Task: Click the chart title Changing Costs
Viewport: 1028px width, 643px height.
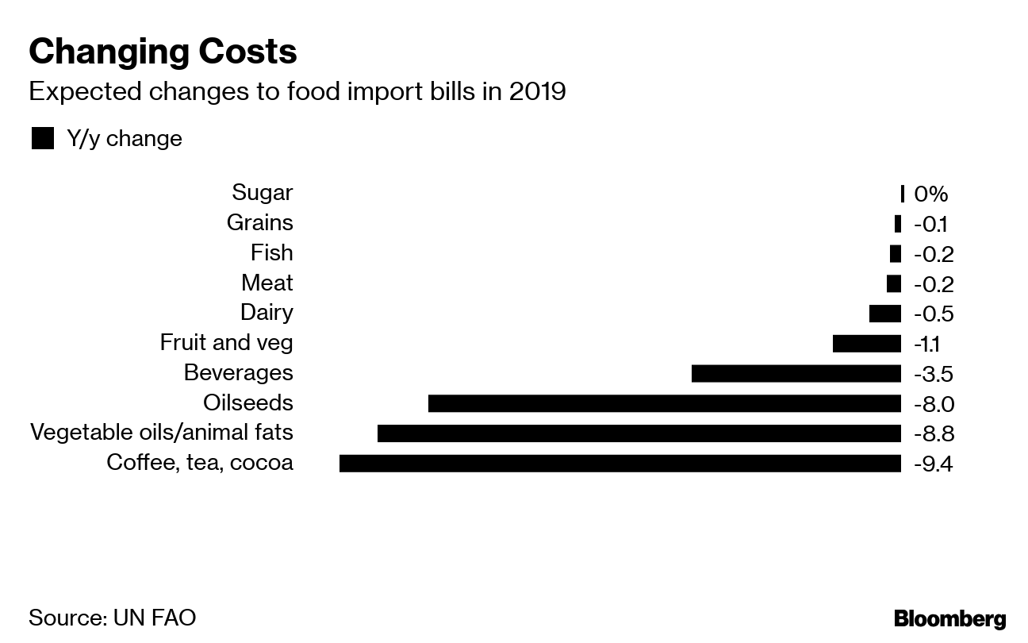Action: [x=163, y=52]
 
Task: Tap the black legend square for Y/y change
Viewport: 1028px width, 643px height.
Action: [x=43, y=139]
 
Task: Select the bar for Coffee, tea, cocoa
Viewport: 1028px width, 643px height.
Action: [x=619, y=463]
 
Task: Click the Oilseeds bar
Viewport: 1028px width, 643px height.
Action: [x=664, y=403]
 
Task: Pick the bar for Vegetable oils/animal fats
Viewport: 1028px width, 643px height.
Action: [x=639, y=433]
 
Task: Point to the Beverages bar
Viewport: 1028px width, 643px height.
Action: [x=796, y=373]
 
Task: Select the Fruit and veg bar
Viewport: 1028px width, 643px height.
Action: [x=866, y=344]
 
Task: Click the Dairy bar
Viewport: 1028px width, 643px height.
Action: [x=884, y=314]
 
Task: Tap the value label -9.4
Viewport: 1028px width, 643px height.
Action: [x=933, y=464]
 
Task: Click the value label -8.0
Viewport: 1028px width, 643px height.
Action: [x=934, y=404]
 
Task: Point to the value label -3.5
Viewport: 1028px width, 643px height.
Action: [x=933, y=374]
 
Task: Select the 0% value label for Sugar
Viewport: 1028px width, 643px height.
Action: [x=930, y=194]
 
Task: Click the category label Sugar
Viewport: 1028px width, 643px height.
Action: [x=262, y=193]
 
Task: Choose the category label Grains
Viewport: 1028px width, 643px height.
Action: [x=259, y=223]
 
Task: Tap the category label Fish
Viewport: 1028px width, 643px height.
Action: [x=271, y=252]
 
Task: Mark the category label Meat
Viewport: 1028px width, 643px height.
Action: [x=267, y=283]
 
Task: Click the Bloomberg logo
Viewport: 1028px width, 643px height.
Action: [x=949, y=619]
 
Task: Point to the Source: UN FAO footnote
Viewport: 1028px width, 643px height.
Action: [x=112, y=618]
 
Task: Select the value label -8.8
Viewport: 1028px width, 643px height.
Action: [x=934, y=433]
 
